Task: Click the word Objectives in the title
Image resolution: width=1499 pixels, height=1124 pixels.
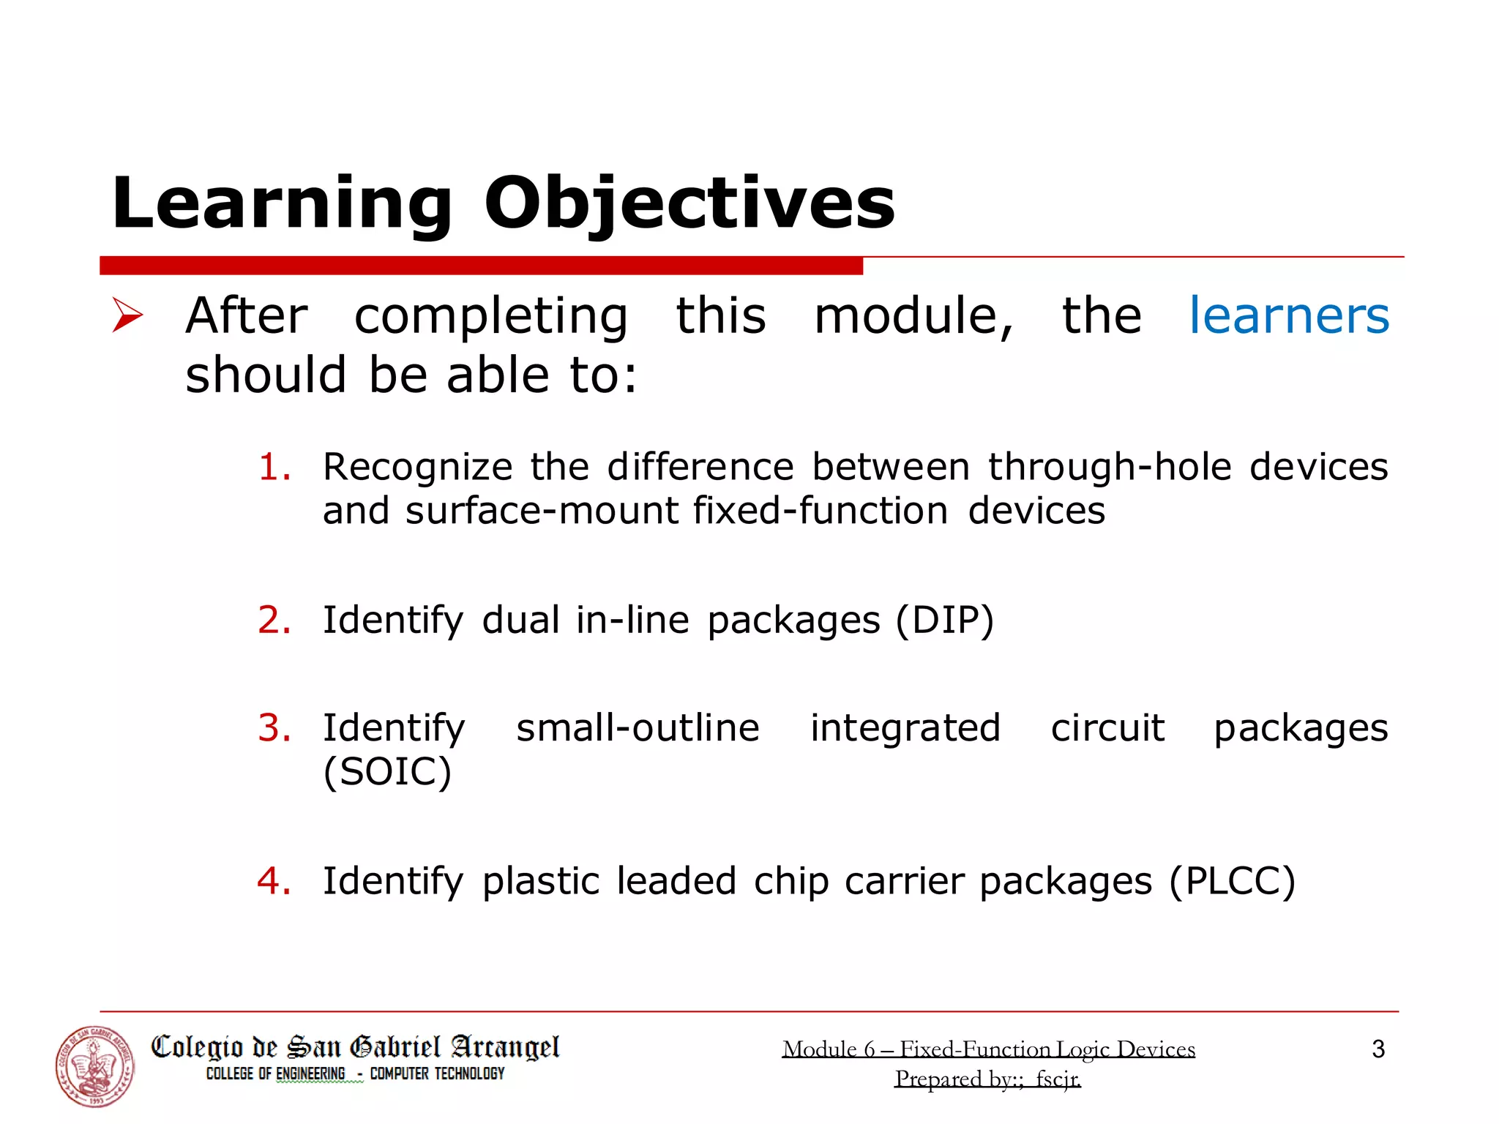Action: click(x=689, y=203)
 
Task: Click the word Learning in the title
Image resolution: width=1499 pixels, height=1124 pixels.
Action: click(x=282, y=203)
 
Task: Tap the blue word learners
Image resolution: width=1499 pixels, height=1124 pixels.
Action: click(x=1288, y=316)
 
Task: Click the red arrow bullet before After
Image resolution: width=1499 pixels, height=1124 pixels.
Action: click(x=127, y=315)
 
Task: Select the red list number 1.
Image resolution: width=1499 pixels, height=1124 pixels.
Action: click(x=274, y=467)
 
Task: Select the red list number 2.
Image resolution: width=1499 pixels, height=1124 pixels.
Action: click(x=274, y=620)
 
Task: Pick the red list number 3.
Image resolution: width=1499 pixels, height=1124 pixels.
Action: click(x=274, y=727)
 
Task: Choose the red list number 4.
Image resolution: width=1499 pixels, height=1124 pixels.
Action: click(x=274, y=880)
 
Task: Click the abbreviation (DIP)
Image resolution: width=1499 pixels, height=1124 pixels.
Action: click(x=945, y=621)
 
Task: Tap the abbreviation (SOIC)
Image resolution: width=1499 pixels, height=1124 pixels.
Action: click(x=387, y=771)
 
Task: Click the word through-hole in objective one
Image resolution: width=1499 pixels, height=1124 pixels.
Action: click(x=1110, y=467)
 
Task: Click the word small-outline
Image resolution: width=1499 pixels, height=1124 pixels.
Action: click(x=638, y=727)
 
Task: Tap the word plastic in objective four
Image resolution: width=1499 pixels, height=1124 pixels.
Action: click(x=540, y=881)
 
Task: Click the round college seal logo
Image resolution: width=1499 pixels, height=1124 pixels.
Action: click(x=95, y=1065)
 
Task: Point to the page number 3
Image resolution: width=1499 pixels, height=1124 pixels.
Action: click(x=1377, y=1049)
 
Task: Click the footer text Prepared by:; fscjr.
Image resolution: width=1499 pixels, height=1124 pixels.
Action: click(x=987, y=1079)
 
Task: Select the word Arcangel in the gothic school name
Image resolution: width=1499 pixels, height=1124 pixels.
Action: click(x=505, y=1048)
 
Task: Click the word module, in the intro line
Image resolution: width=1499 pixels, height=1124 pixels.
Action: click(x=913, y=316)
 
